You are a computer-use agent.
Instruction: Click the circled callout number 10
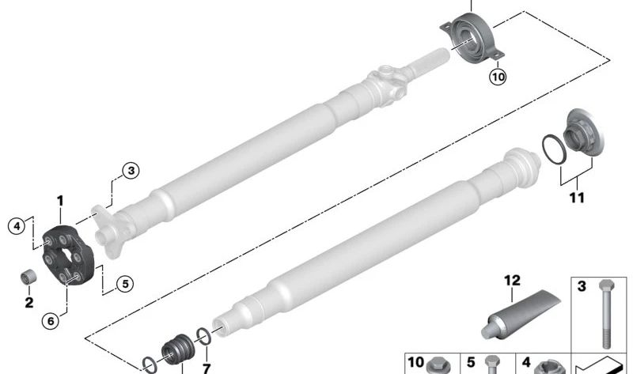tap(498, 77)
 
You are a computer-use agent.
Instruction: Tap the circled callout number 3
tap(131, 171)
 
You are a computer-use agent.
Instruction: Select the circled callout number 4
tap(17, 226)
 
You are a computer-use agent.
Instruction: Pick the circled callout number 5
tap(125, 284)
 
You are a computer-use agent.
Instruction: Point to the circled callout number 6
tap(51, 321)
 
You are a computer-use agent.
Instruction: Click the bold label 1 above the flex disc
tap(60, 201)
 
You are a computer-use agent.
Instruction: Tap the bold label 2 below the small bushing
tap(29, 302)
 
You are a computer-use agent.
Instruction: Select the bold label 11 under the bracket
tap(577, 198)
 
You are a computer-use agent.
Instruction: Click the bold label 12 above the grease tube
tap(512, 281)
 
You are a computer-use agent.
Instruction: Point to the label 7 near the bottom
tap(207, 368)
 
